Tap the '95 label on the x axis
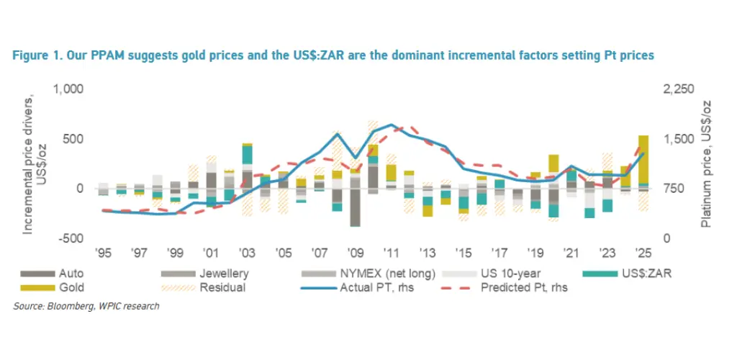coord(104,253)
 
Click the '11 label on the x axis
coord(391,253)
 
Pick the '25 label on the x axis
coord(643,253)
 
